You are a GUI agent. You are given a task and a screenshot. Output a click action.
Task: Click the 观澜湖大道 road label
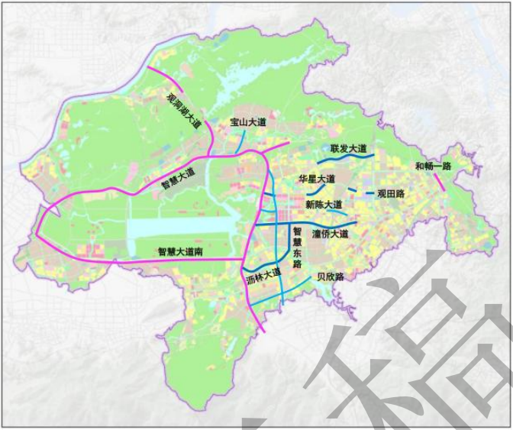click(x=184, y=111)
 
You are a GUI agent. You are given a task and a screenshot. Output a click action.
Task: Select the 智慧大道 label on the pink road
click(x=178, y=177)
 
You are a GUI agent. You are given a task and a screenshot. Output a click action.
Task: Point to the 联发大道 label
click(x=348, y=147)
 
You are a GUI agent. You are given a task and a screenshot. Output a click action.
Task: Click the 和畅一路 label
click(x=433, y=166)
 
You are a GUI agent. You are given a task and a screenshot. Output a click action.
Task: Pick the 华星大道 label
click(x=317, y=178)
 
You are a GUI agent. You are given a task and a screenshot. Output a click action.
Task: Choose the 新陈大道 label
click(x=323, y=204)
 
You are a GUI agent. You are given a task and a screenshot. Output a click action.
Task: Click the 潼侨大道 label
click(x=330, y=233)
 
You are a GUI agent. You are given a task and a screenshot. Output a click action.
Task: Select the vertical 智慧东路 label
click(x=298, y=246)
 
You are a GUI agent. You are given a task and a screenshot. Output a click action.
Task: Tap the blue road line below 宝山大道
click(x=242, y=139)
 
